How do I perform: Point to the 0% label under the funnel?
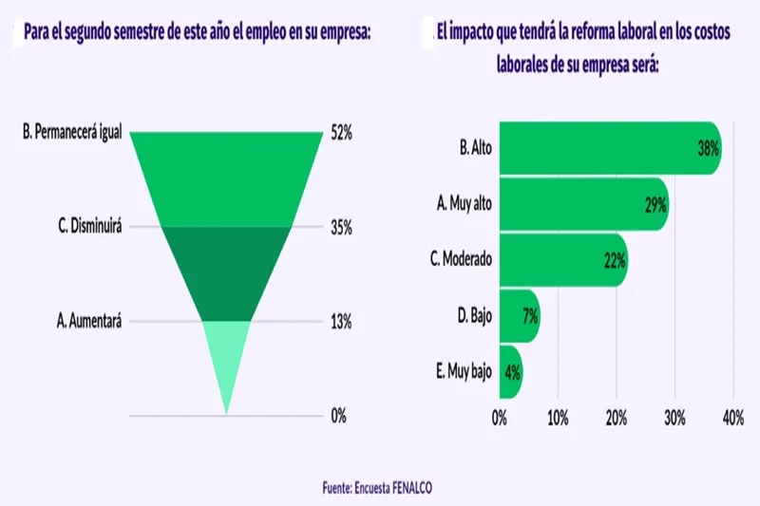(x=338, y=416)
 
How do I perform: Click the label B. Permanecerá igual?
(x=72, y=134)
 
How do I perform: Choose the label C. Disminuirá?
(x=90, y=228)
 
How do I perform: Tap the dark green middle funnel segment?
(x=226, y=271)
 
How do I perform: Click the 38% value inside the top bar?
(x=708, y=149)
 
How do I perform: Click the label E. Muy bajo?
(x=464, y=371)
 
